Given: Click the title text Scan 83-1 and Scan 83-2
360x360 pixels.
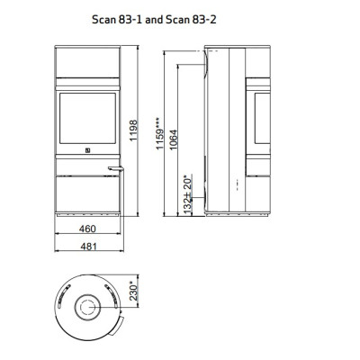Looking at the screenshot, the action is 154,20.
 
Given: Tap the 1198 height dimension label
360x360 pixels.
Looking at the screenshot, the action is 133,130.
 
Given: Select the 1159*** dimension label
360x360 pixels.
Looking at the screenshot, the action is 160,133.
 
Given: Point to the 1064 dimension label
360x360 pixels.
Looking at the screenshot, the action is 173,139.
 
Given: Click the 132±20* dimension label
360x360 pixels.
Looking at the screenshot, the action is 188,194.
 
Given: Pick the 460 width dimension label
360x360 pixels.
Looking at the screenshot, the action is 87,229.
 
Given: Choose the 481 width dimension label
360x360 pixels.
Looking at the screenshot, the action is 89,247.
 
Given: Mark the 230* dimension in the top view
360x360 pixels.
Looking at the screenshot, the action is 133,291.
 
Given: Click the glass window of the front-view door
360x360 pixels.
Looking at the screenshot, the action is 87,118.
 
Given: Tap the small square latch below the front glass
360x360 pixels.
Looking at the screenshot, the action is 88,150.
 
